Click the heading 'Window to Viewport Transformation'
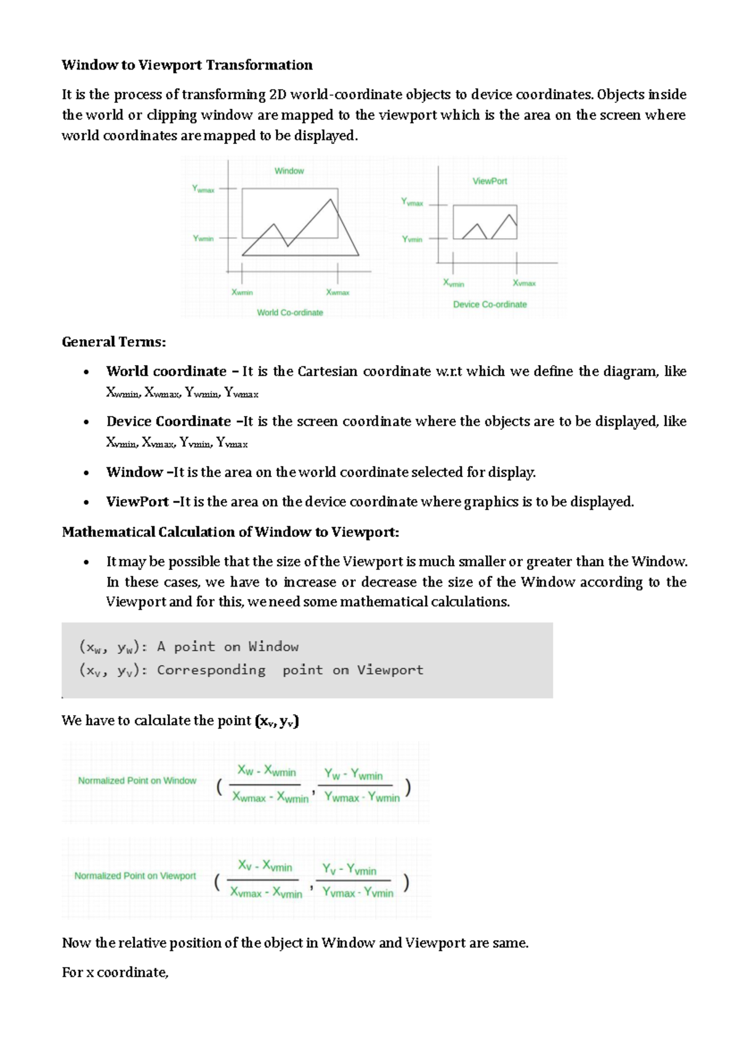(x=187, y=65)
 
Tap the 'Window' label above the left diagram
(x=289, y=171)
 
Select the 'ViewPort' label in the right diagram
(x=490, y=181)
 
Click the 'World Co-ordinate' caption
(x=290, y=313)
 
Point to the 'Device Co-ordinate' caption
(x=490, y=305)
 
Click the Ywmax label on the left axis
(x=203, y=190)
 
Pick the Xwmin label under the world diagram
(x=242, y=292)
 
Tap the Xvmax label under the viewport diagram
(x=524, y=283)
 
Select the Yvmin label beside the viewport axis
(x=412, y=239)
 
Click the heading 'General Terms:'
(x=114, y=342)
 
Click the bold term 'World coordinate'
(x=166, y=371)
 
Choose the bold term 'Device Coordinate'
(x=169, y=422)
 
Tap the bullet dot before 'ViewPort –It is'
(x=87, y=502)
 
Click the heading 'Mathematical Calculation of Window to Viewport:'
(x=230, y=532)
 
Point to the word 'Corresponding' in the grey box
(x=211, y=670)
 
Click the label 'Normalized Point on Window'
(x=137, y=781)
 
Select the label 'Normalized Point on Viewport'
(x=135, y=876)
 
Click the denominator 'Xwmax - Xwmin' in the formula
(x=270, y=797)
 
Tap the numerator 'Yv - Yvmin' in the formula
(x=349, y=870)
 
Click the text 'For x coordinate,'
(x=115, y=973)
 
